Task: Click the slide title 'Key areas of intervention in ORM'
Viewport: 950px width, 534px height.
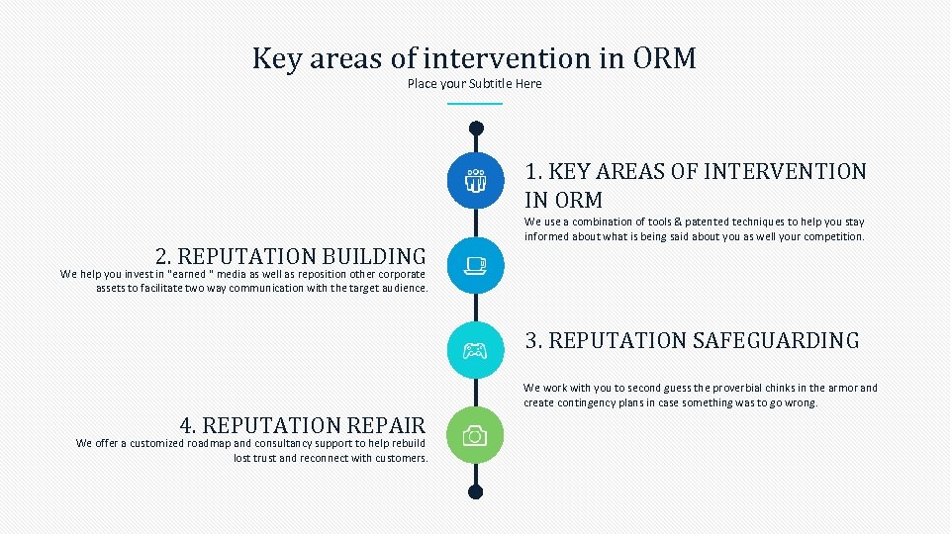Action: [x=474, y=58]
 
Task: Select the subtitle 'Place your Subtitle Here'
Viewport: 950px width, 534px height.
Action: [x=474, y=84]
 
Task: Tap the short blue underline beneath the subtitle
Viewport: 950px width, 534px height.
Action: [x=474, y=103]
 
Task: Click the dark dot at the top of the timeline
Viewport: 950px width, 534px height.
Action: [x=476, y=128]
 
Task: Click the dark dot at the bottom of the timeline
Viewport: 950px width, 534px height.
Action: [x=475, y=491]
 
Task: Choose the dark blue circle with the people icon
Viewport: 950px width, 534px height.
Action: [x=475, y=181]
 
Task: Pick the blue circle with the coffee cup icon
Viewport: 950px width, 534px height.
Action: [x=475, y=265]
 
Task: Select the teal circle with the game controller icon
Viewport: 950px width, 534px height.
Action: [x=475, y=350]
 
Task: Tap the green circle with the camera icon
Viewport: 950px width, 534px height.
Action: [x=475, y=435]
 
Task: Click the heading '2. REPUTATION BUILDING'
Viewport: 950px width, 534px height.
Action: [x=291, y=257]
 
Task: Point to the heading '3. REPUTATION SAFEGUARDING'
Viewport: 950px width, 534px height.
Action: [x=692, y=341]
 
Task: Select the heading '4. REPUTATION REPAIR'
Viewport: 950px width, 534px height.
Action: [x=302, y=426]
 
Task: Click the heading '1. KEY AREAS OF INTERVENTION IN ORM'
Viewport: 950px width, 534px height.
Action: [x=695, y=185]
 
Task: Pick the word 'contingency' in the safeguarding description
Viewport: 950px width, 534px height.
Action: [x=591, y=403]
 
